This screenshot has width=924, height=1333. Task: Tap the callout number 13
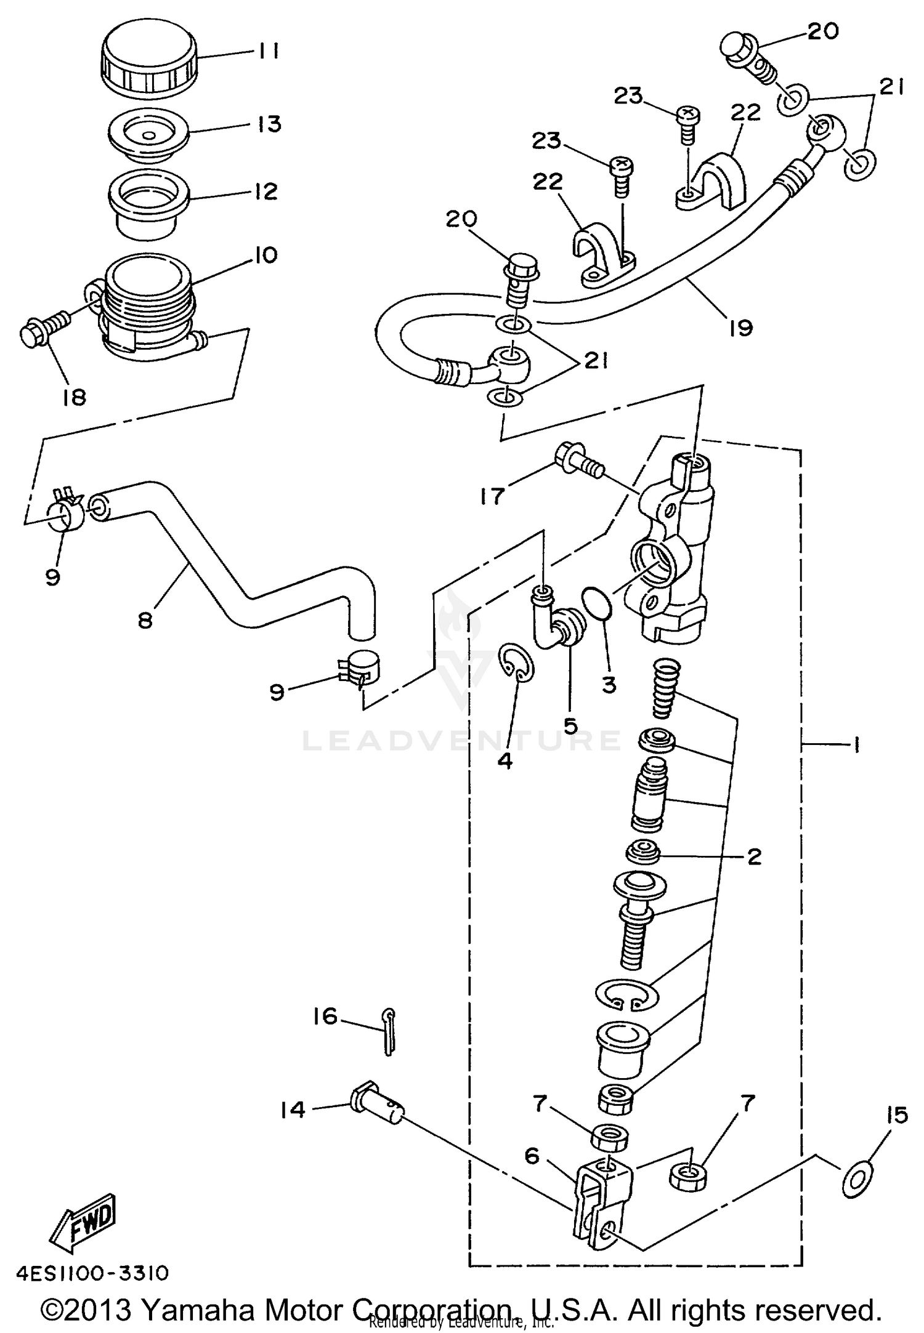coord(269,124)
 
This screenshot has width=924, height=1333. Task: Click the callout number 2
coord(753,856)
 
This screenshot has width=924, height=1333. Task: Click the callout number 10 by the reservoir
coord(265,254)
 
